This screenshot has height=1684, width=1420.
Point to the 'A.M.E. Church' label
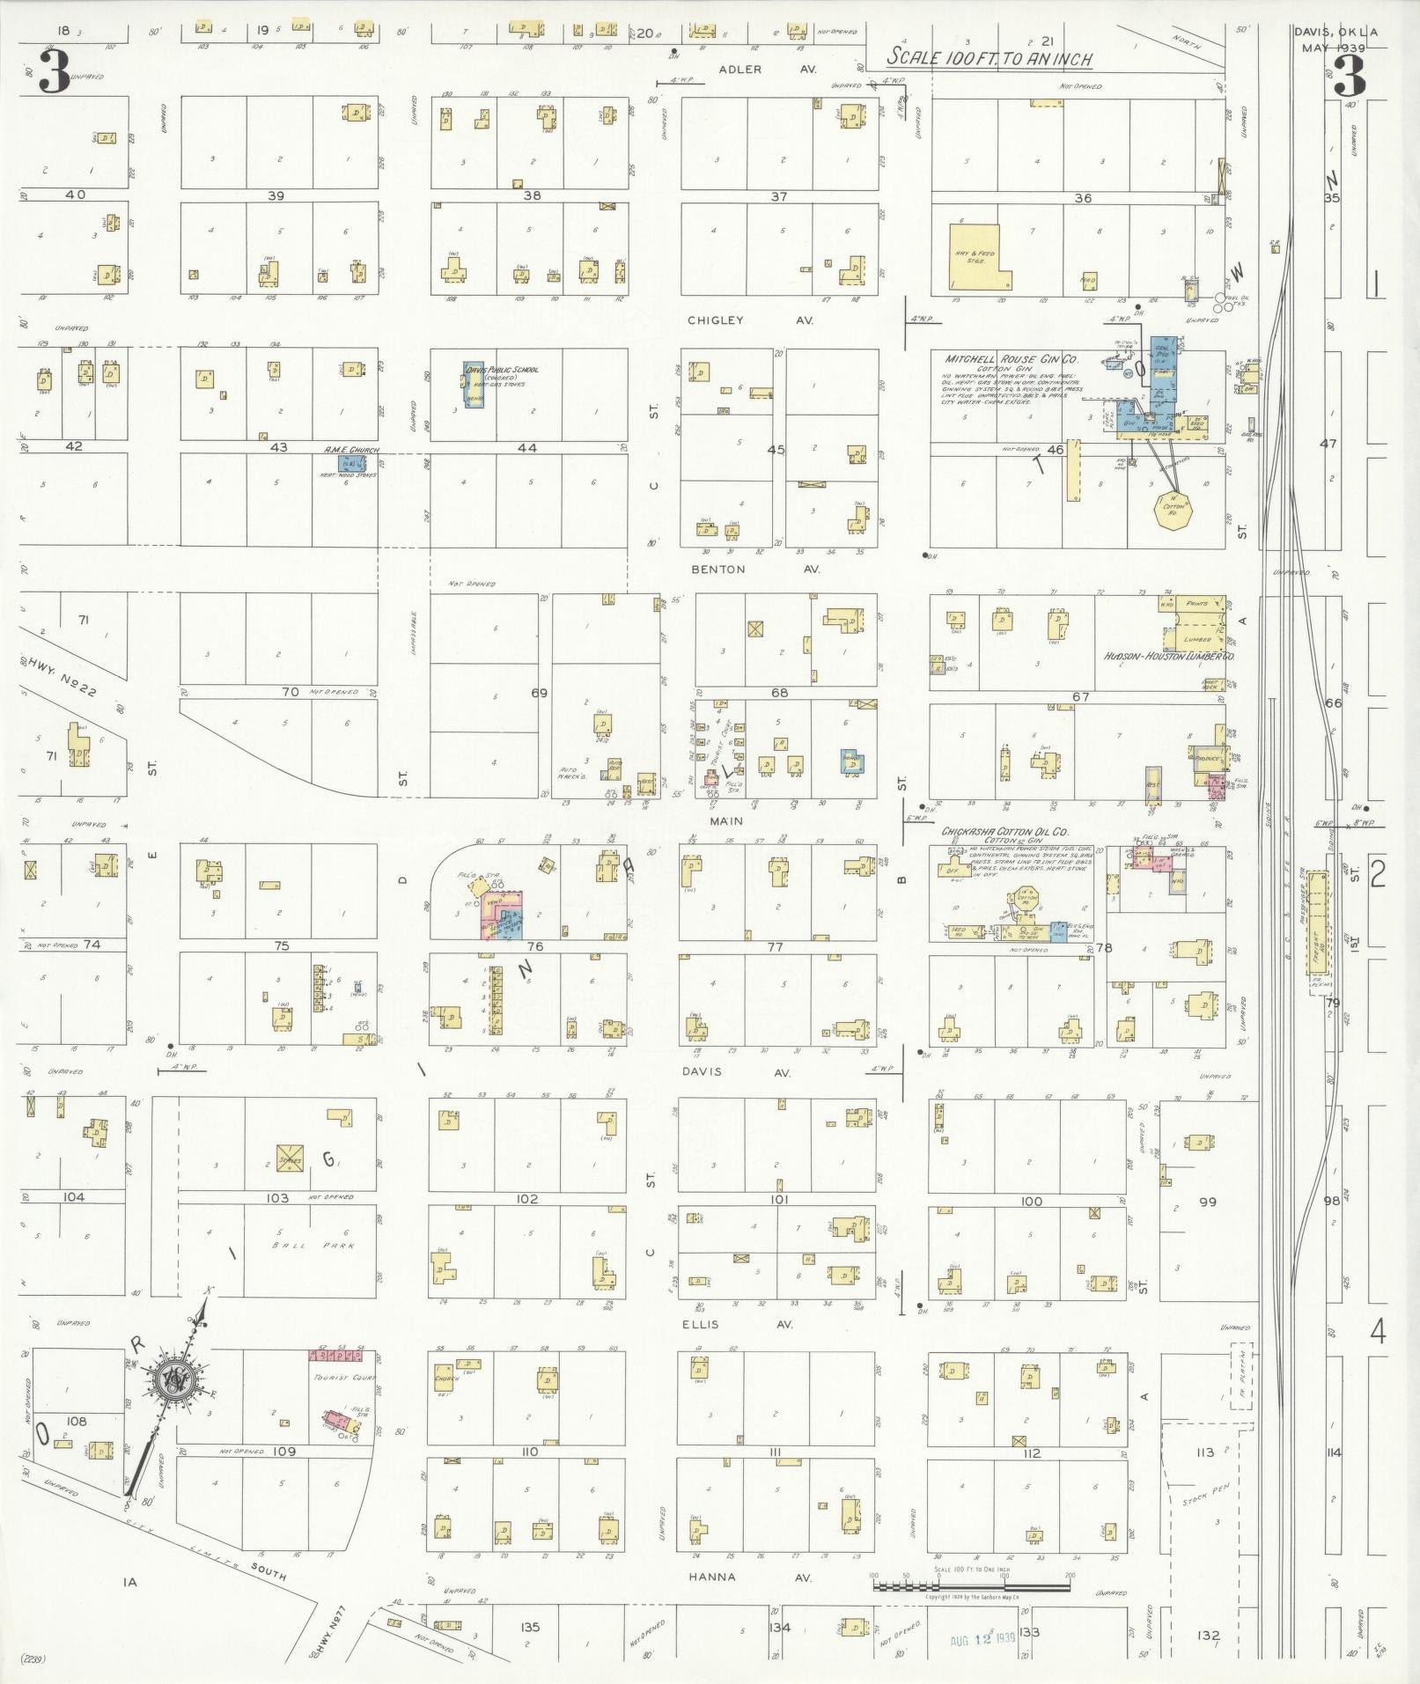pos(351,450)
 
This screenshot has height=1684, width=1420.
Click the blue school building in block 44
pos(473,386)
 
